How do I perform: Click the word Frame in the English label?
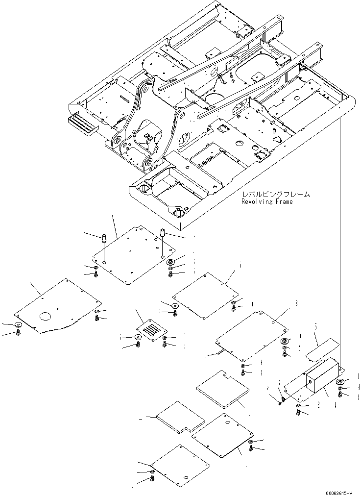tap(284, 201)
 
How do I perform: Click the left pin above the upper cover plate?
tap(104, 240)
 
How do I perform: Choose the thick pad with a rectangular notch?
tap(223, 388)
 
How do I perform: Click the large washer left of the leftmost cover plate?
tap(19, 324)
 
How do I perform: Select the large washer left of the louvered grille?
tap(138, 337)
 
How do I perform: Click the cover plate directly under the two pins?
tap(130, 255)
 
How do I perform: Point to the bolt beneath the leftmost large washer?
tap(19, 333)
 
